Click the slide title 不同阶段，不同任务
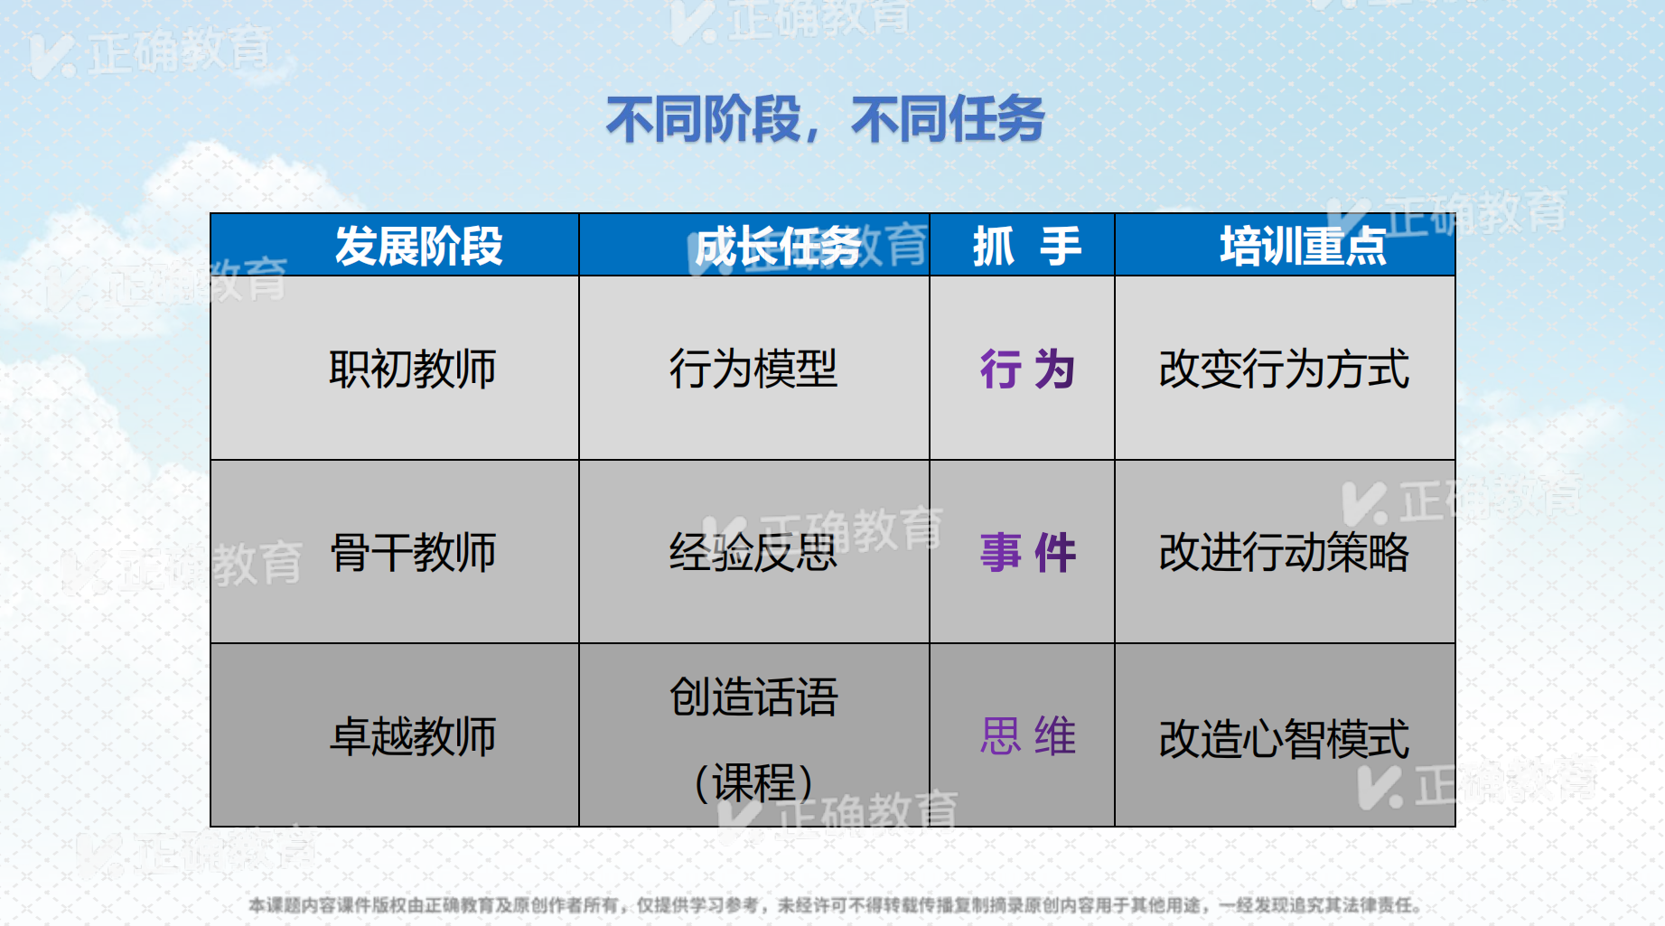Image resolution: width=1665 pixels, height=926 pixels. point(825,119)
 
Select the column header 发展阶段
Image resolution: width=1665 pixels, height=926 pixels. point(418,246)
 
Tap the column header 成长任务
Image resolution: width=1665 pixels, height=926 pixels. point(778,246)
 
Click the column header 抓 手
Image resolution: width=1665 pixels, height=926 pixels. point(1026,246)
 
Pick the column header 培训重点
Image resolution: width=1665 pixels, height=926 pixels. point(1303,246)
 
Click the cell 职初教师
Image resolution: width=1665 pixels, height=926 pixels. point(413,369)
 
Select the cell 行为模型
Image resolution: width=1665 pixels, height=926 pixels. point(753,369)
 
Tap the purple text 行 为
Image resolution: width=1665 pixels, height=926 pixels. point(1027,369)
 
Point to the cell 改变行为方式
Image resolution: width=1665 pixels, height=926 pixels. point(1284,369)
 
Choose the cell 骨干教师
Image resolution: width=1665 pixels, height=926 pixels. point(413,552)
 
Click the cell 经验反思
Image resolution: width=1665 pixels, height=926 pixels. point(753,552)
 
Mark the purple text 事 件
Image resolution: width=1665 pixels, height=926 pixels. point(1027,553)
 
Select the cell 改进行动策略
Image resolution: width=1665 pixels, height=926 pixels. point(1284,552)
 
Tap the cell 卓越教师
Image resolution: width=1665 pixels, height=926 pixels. point(413,735)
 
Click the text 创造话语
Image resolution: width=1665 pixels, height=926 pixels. point(753,697)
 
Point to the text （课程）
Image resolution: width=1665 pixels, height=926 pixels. point(753,782)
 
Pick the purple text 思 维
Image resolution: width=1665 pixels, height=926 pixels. point(1027,735)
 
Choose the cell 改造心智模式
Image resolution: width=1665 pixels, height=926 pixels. point(1284,738)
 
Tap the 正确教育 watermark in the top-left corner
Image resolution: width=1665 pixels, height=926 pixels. point(150,52)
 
